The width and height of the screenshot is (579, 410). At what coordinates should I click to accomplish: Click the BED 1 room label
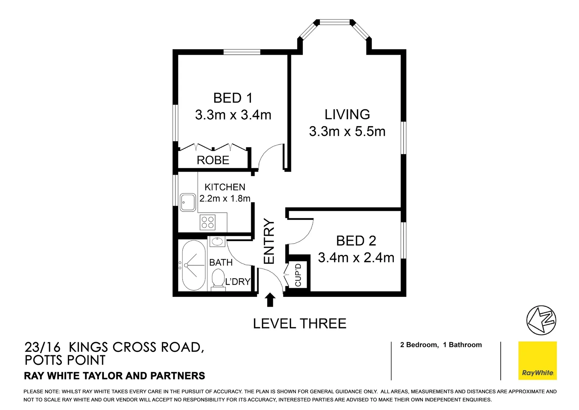(x=233, y=98)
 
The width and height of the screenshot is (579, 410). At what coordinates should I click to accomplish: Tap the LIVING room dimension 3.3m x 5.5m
(x=347, y=131)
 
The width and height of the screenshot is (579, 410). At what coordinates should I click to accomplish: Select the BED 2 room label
(x=356, y=241)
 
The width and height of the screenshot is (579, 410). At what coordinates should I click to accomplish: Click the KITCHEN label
(x=225, y=187)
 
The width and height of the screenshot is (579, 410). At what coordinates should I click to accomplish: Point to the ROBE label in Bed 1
(x=213, y=160)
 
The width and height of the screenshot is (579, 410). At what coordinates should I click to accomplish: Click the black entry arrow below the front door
(x=270, y=300)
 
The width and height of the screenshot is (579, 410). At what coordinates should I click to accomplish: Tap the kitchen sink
(x=188, y=202)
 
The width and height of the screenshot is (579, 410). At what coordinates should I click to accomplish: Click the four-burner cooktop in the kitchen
(x=208, y=222)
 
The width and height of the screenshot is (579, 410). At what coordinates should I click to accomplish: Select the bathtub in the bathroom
(x=193, y=265)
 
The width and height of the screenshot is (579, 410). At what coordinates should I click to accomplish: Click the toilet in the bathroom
(x=218, y=279)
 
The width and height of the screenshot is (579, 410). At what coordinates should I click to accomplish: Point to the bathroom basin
(x=217, y=241)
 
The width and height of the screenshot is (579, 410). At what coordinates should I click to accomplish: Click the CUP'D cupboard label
(x=298, y=275)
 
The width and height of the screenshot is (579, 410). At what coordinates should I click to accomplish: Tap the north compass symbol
(x=541, y=320)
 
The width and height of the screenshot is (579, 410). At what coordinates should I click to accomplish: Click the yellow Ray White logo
(x=537, y=361)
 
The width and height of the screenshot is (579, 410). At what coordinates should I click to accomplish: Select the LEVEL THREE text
(x=299, y=324)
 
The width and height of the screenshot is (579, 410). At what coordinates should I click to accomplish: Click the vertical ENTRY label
(x=269, y=241)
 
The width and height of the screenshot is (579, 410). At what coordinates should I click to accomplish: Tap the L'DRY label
(x=238, y=282)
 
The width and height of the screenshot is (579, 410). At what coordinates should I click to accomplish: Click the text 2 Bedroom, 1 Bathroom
(x=441, y=345)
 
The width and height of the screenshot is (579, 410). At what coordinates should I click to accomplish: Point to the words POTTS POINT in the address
(x=65, y=360)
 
